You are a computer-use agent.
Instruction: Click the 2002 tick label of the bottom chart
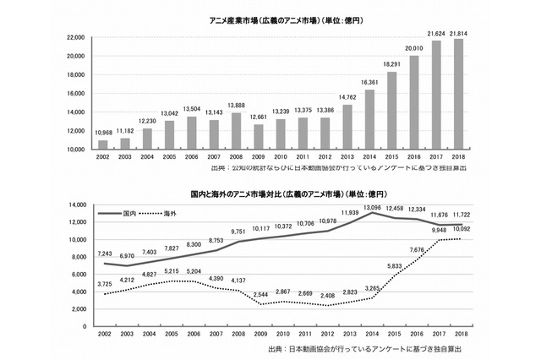tap(103, 335)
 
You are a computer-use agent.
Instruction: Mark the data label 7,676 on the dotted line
tap(415, 250)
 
